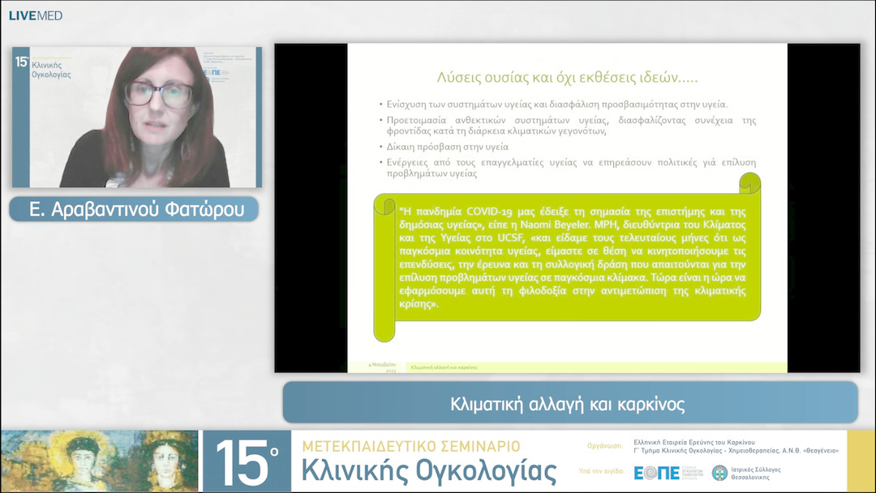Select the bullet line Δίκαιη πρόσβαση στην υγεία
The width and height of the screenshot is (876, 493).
[x=443, y=147]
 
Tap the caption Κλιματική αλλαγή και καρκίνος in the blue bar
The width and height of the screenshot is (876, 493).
[x=568, y=404]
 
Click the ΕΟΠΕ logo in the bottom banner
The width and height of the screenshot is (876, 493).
[x=657, y=473]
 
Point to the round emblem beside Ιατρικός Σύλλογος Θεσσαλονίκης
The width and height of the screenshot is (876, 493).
[x=719, y=473]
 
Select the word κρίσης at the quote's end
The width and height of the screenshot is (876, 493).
[x=419, y=304]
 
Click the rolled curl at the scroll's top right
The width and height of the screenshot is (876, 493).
[x=750, y=185]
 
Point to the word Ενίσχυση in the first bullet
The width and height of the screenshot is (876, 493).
[x=409, y=105]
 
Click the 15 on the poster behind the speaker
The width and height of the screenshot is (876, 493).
[x=22, y=62]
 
